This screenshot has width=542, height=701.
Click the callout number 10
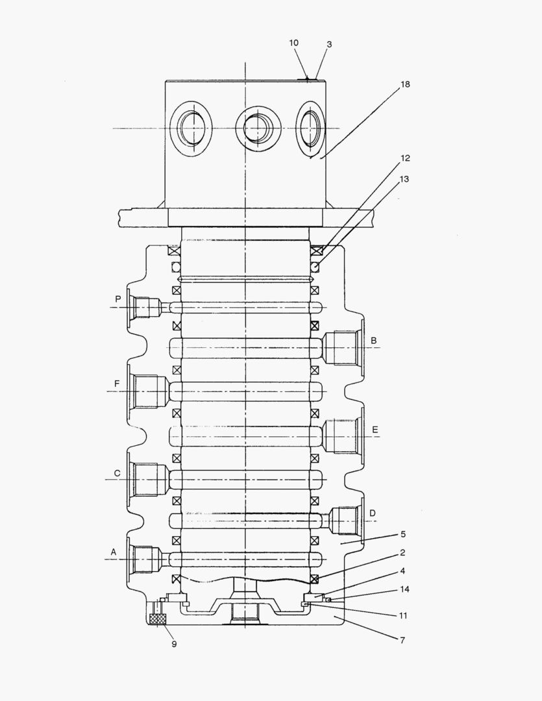coord(294,43)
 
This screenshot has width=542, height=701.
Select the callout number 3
coord(329,45)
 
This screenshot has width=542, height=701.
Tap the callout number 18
coord(405,84)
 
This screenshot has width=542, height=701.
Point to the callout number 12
coord(405,158)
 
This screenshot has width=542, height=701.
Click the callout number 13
coord(405,178)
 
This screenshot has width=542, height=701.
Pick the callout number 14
coord(405,589)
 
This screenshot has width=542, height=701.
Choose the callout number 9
coord(174,644)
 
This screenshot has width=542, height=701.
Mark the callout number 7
coord(402,640)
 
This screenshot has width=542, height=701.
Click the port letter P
coord(118,299)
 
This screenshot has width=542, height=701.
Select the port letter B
coord(374,340)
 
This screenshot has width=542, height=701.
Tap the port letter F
coord(117,384)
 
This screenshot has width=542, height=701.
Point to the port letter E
coord(375,430)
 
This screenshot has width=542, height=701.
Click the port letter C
coord(117,473)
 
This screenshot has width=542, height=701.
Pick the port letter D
coord(373,513)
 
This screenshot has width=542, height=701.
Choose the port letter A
coord(113,552)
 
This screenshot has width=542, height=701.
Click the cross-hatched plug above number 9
coord(158,620)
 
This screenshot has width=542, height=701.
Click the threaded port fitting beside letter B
coord(340,348)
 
